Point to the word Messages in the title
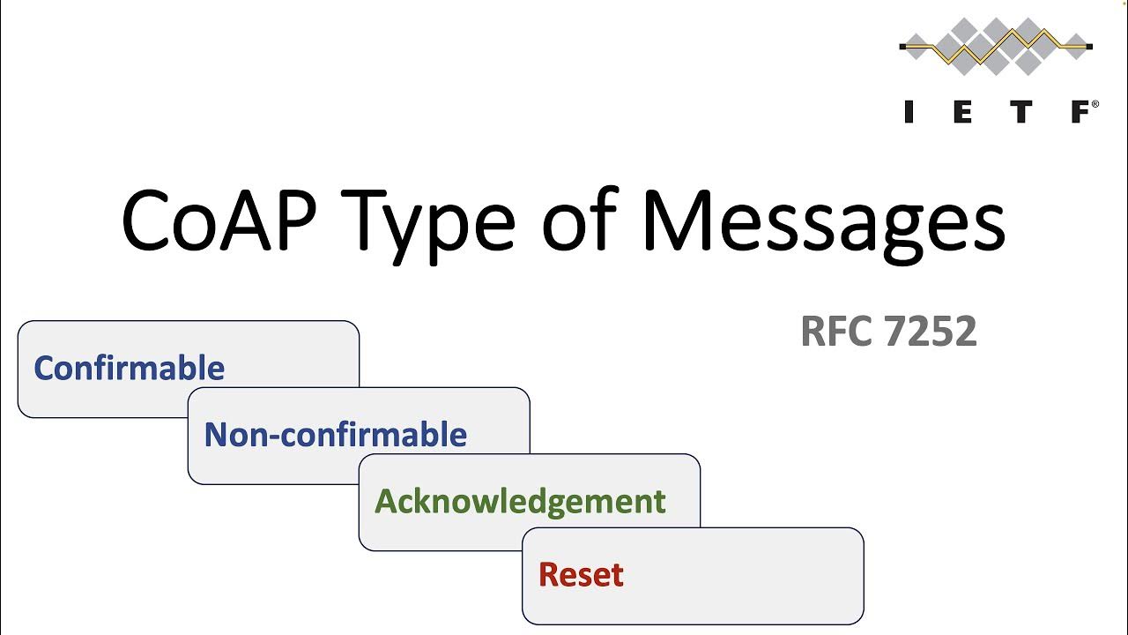pos(823,220)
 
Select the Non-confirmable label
pos(335,435)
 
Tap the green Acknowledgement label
pos(520,501)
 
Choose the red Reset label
pos(581,574)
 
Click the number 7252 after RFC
pos(931,332)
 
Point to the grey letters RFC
pos(836,332)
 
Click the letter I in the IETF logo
pos(909,112)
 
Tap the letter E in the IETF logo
pos(964,112)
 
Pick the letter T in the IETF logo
pos(1022,112)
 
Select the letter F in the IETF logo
pos(1080,112)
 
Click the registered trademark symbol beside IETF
pos(1095,104)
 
